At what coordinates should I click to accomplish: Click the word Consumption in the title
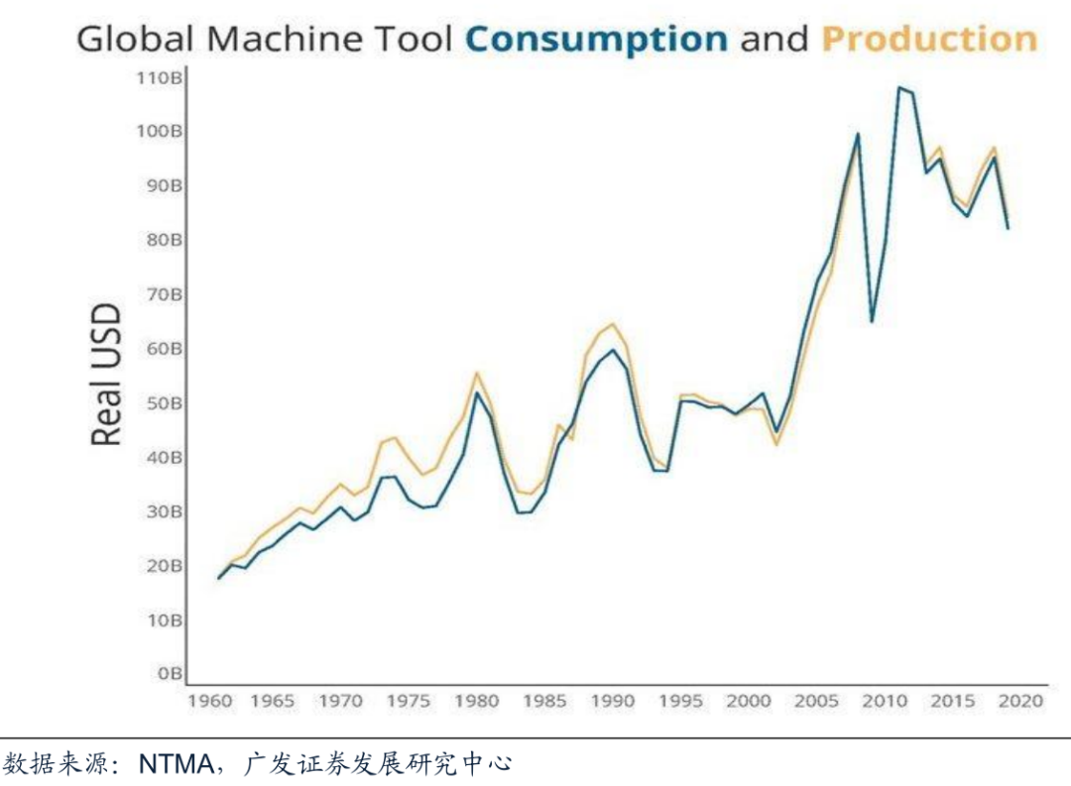pos(596,40)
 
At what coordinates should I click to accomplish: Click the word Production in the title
pos(929,40)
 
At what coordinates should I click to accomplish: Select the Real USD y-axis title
pos(106,376)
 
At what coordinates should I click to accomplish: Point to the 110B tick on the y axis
pos(160,77)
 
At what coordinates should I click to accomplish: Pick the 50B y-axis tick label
pos(162,403)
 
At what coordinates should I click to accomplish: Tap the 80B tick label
pos(162,240)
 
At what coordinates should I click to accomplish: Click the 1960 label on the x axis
pos(210,702)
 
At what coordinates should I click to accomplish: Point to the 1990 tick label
pos(613,702)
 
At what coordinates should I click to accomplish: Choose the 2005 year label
pos(816,702)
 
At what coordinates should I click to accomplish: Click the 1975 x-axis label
pos(409,702)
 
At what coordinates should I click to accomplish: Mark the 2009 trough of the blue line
pos(872,321)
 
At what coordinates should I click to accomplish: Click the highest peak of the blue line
pos(899,87)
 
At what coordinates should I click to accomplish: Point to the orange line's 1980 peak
pos(477,373)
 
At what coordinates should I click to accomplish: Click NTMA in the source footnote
pos(175,764)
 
